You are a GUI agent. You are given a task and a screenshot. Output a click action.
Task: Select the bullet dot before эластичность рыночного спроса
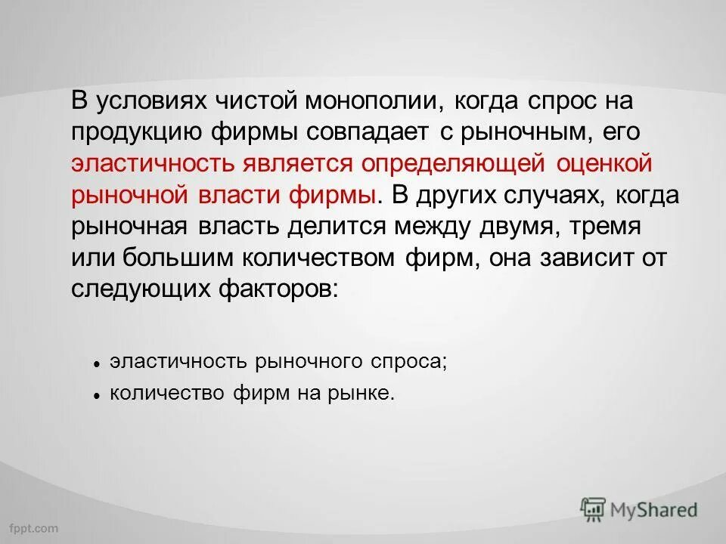coord(98,363)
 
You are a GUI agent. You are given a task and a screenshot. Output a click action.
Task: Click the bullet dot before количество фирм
coord(98,395)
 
